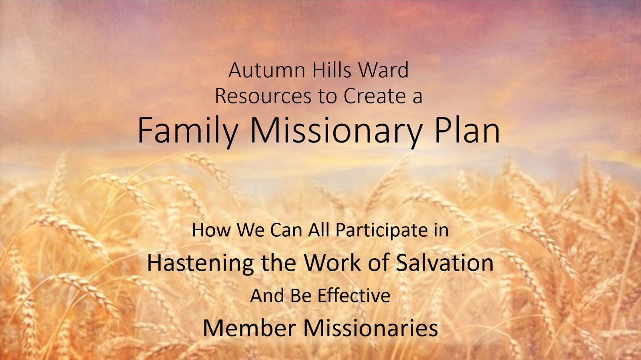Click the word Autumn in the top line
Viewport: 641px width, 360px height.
tap(267, 70)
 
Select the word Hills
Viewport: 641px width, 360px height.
tap(332, 70)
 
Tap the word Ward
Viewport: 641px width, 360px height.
tap(383, 70)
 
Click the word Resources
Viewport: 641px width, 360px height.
tap(263, 97)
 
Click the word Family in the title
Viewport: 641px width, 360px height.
tap(187, 131)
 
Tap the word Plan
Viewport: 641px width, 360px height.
tap(467, 131)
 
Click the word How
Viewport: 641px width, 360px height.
tap(211, 230)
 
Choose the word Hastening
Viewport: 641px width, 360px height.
tap(200, 263)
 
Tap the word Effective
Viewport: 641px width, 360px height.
tap(354, 296)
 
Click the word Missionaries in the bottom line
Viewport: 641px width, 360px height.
tap(371, 328)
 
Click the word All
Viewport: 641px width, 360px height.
tap(318, 230)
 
